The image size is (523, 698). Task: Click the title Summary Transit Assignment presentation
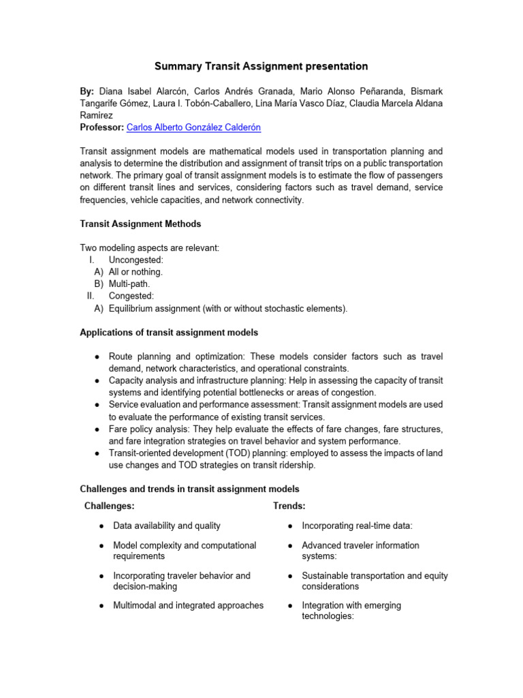(261, 66)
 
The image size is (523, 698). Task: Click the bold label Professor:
(102, 127)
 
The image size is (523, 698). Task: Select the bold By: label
(88, 91)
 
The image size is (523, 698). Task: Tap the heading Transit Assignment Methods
(140, 224)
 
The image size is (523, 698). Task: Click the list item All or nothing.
(136, 272)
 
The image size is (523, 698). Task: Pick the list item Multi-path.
(129, 284)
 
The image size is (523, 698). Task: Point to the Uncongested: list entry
(136, 260)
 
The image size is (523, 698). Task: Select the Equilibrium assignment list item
(227, 309)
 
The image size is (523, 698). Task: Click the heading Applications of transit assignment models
(169, 333)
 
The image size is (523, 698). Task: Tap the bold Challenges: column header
(109, 506)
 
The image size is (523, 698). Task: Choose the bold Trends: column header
(289, 506)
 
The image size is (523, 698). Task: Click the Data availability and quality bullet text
(167, 526)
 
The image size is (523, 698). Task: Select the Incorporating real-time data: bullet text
(358, 526)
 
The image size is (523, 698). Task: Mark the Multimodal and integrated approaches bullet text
(188, 605)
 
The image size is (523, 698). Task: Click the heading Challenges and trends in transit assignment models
(189, 489)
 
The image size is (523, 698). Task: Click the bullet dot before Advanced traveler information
(290, 546)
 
